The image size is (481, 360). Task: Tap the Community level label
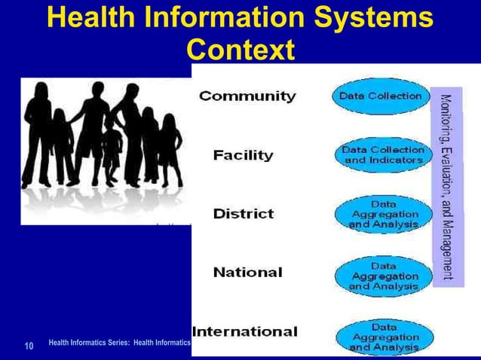pos(247,96)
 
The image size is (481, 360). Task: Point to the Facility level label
pos(243,156)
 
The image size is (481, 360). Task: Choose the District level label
pos(243,214)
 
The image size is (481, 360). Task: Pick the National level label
pos(247,272)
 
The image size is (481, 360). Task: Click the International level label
pos(245,331)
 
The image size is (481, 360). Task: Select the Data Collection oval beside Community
pos(380,97)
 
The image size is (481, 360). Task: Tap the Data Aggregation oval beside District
pos(383,214)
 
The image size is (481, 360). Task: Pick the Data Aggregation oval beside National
pos(383,276)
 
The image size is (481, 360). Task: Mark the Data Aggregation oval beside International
pos(383,337)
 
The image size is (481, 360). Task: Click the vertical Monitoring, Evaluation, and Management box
pos(446,187)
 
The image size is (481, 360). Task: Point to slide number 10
pos(29,346)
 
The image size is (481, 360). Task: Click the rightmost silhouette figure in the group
pos(174,151)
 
